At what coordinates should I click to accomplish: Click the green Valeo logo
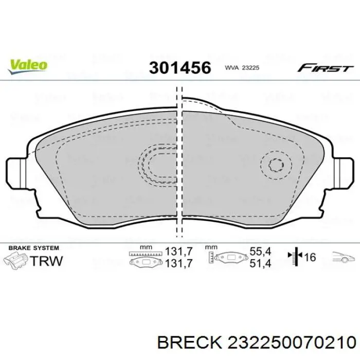27,65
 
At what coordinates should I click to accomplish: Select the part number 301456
179,68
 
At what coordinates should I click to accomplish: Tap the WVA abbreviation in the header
231,68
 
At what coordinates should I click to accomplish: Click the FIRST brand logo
326,67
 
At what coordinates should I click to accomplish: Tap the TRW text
46,260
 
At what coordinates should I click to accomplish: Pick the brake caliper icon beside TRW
16,260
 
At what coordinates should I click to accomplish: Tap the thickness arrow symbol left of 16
297,258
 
